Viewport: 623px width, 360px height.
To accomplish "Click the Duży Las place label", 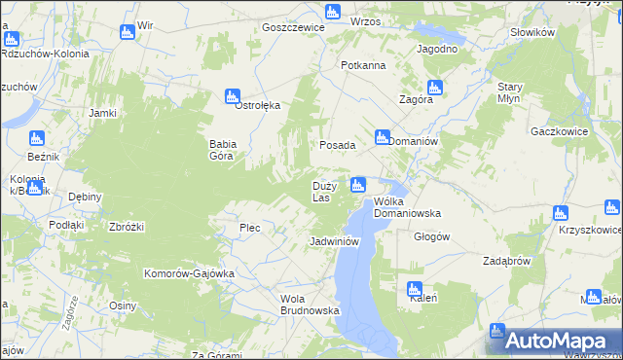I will (x=324, y=191).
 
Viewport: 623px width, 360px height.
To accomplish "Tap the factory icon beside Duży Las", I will (x=358, y=184).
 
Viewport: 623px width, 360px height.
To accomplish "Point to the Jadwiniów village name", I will (x=335, y=240).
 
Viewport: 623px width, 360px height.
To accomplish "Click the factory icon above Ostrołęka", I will (x=233, y=96).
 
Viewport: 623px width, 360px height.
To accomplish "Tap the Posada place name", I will (x=338, y=144).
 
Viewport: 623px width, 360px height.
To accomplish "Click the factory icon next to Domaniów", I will (x=383, y=137).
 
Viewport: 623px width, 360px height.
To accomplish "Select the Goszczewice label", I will (x=293, y=28).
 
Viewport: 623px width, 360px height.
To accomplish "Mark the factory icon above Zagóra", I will (x=434, y=88).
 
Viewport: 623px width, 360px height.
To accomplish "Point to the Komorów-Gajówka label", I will (x=190, y=273).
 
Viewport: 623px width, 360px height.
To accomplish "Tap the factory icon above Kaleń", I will (x=414, y=289).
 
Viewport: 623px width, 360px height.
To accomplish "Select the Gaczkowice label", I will (x=557, y=129).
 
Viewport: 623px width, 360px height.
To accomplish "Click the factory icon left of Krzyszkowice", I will (x=560, y=213).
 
